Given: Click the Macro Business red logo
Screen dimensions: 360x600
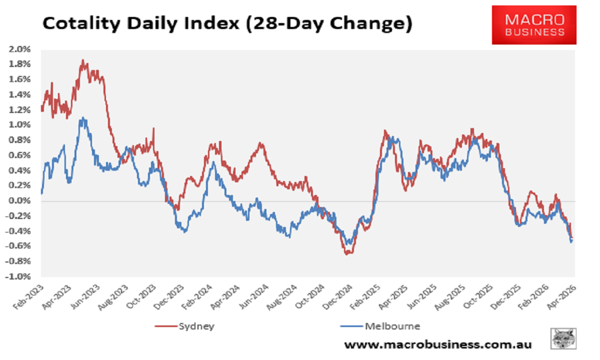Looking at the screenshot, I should point(533,24).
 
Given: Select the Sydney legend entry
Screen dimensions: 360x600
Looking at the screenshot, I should point(184,326).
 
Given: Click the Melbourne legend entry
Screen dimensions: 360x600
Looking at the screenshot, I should point(380,326).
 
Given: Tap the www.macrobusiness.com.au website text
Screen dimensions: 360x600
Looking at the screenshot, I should point(438,344).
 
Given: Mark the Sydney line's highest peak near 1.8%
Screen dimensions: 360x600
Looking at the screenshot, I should point(83,61).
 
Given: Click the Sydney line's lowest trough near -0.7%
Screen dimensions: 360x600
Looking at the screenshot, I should point(346,253).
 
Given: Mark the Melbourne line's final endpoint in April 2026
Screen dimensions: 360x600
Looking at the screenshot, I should point(571,241).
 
